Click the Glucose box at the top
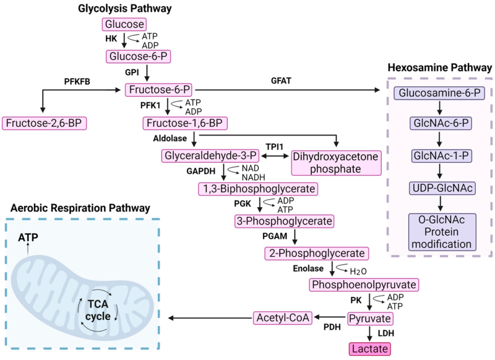[x=124, y=24]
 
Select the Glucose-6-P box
[x=138, y=57]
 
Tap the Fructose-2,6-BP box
[x=44, y=123]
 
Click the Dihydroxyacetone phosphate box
[x=335, y=163]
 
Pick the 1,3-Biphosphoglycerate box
[x=258, y=188]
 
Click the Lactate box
[x=370, y=349]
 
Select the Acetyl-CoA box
[x=282, y=318]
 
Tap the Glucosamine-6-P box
[x=439, y=93]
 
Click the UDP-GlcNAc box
[x=439, y=187]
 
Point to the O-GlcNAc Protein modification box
[x=439, y=232]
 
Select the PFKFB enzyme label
[x=77, y=81]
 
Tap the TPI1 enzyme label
[x=275, y=146]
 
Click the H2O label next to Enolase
[x=358, y=271]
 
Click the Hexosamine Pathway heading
[x=439, y=67]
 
